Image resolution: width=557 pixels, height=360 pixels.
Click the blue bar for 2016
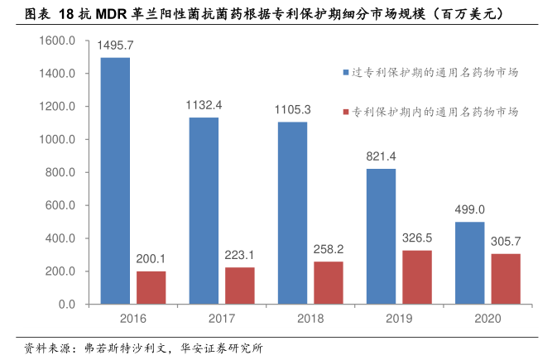115,181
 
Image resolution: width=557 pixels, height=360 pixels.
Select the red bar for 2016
151,288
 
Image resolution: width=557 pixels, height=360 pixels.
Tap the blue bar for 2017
204,211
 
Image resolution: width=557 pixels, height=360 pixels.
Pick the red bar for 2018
329,283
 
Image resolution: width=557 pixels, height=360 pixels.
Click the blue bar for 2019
381,237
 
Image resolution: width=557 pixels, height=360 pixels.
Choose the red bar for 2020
506,279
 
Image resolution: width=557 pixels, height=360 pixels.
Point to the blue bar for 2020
469,263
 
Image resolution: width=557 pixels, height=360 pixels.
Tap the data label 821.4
381,156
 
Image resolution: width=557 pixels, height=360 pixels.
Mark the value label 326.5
417,238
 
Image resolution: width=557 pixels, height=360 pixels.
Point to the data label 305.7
506,241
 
